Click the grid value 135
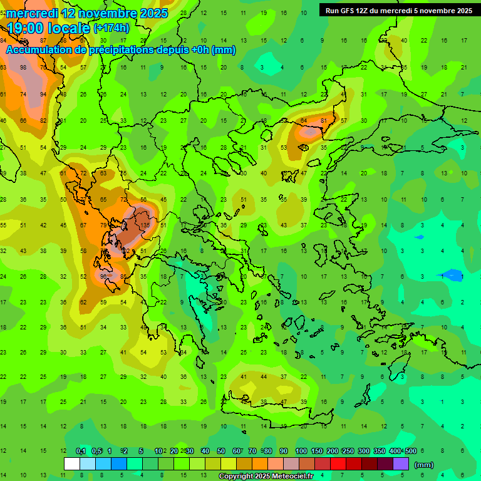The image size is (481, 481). click(x=145, y=225)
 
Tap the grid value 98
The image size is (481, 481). click(x=23, y=67)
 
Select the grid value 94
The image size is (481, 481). click(x=43, y=95)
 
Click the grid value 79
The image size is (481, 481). click(x=104, y=225)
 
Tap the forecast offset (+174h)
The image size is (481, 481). click(x=111, y=28)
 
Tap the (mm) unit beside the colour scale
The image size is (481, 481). click(x=424, y=464)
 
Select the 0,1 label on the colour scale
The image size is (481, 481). click(x=81, y=451)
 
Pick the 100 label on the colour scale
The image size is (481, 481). click(x=301, y=451)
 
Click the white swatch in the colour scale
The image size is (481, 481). click(x=72, y=464)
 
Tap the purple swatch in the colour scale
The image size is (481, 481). click(x=401, y=464)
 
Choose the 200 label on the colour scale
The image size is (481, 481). click(x=332, y=451)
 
